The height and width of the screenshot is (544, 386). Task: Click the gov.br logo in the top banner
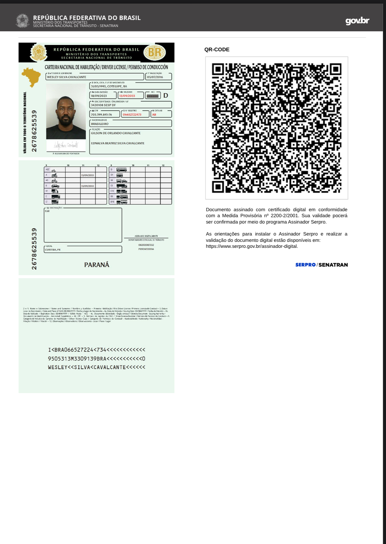click(x=357, y=21)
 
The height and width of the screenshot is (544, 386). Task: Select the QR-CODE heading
click(x=217, y=50)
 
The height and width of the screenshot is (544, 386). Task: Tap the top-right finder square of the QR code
click(x=335, y=69)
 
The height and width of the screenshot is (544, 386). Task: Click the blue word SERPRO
click(x=305, y=265)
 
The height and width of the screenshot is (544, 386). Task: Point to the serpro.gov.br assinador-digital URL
click(x=252, y=247)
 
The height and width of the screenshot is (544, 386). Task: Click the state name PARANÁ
click(x=97, y=265)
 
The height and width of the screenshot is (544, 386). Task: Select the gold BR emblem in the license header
click(x=155, y=53)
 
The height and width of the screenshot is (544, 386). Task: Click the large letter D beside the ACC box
click(x=166, y=96)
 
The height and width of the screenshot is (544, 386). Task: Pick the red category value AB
click(x=154, y=115)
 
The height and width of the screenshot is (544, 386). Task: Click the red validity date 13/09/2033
click(x=127, y=96)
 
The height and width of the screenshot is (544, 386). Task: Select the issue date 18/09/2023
click(x=99, y=96)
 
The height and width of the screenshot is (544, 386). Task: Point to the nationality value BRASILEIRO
click(x=100, y=124)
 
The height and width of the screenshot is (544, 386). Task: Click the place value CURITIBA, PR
click(x=53, y=250)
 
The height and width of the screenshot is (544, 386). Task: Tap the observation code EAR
click(x=47, y=211)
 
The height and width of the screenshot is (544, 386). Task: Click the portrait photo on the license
click(x=66, y=112)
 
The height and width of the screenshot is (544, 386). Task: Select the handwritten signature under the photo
click(x=66, y=145)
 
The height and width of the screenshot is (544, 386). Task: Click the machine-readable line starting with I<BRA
click(x=97, y=350)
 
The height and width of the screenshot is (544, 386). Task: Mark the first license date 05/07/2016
click(x=155, y=77)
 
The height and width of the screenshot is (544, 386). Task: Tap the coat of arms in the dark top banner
click(x=23, y=21)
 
